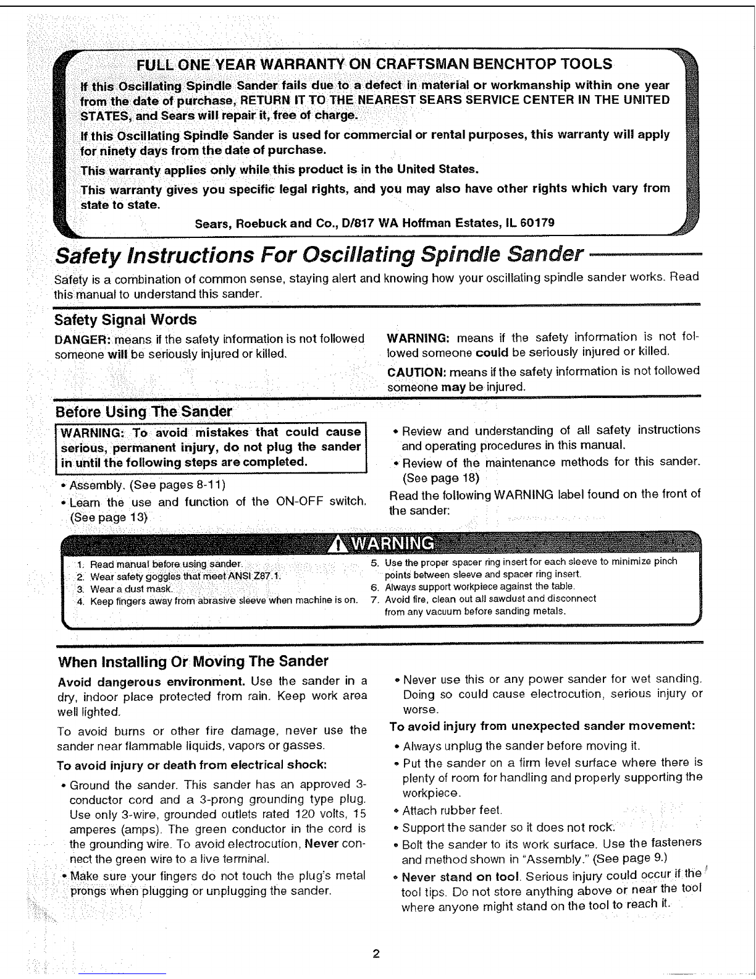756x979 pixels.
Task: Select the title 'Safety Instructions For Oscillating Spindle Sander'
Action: point(319,254)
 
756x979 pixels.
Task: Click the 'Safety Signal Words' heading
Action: point(125,320)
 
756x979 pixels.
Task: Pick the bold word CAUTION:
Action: point(416,371)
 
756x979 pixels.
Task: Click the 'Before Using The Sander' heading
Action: point(143,412)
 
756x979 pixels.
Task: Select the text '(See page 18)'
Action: point(440,478)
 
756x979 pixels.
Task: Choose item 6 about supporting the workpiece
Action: point(479,587)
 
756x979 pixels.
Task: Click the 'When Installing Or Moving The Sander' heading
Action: point(193,662)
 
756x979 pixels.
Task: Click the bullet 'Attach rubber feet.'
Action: point(452,810)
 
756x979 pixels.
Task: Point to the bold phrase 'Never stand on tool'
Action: point(459,877)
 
